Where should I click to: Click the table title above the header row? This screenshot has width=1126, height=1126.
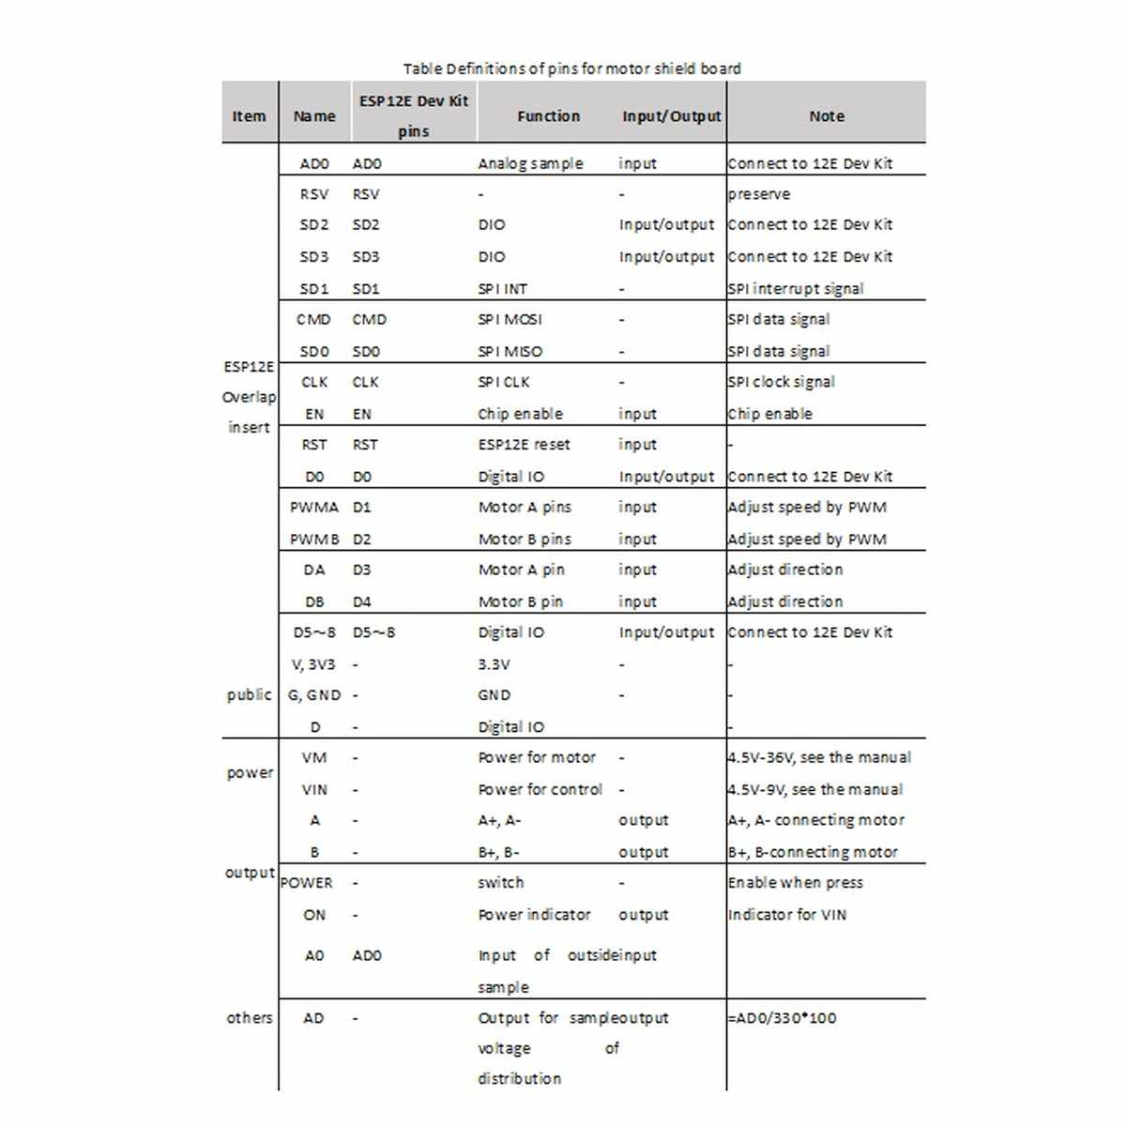click(571, 68)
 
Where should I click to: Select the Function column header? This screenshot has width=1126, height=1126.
click(548, 116)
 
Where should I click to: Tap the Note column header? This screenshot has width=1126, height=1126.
click(826, 116)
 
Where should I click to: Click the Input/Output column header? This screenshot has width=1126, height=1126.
click(671, 116)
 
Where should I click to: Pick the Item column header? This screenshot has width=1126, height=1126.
click(249, 116)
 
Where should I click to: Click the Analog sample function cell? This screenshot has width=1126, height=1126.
click(530, 163)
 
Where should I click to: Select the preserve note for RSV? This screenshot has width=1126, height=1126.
click(759, 194)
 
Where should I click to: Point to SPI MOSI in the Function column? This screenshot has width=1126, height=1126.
click(510, 319)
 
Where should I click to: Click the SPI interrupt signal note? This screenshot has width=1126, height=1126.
click(796, 289)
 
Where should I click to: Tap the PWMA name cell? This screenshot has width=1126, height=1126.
click(313, 508)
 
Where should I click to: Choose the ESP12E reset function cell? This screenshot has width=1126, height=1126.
click(524, 445)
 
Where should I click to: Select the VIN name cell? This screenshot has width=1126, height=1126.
click(314, 790)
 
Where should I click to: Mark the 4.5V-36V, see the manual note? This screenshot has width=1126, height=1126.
click(819, 757)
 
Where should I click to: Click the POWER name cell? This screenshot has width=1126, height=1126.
click(307, 883)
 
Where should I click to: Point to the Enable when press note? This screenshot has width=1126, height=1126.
click(795, 883)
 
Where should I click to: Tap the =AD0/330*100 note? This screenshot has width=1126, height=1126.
click(782, 1018)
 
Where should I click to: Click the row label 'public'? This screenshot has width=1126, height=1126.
click(249, 695)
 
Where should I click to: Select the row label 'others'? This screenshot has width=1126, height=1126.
click(249, 1018)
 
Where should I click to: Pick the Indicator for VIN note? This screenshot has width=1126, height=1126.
click(786, 915)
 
